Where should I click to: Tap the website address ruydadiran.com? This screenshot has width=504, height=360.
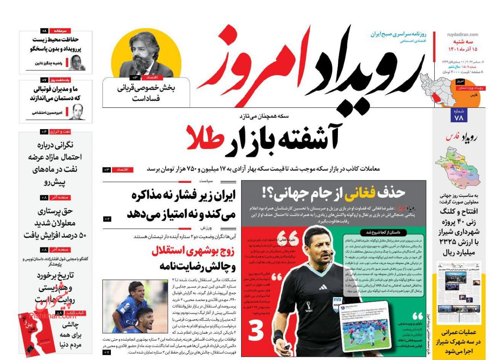(x=462, y=35)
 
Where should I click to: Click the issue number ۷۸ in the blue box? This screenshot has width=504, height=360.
(x=459, y=118)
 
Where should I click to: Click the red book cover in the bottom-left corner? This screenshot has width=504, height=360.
(x=37, y=333)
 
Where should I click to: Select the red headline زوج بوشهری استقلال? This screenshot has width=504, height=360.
(x=194, y=251)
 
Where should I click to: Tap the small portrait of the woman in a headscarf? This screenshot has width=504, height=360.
(x=77, y=63)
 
